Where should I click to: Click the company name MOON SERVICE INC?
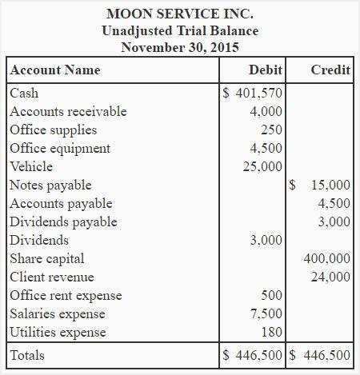point(180,14)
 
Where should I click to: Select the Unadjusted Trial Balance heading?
point(180,31)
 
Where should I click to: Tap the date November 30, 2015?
point(180,47)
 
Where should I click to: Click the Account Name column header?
point(55,70)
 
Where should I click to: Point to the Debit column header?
point(265,70)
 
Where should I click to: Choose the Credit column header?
point(330,70)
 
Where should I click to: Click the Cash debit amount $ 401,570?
point(252,94)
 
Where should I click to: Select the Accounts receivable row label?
point(68,112)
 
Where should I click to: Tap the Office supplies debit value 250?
point(271,130)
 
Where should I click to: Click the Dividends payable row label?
point(63,222)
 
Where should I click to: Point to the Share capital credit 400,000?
point(327,259)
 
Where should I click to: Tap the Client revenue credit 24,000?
point(330,277)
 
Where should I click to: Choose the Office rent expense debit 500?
point(271,296)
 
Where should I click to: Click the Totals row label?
point(27,355)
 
